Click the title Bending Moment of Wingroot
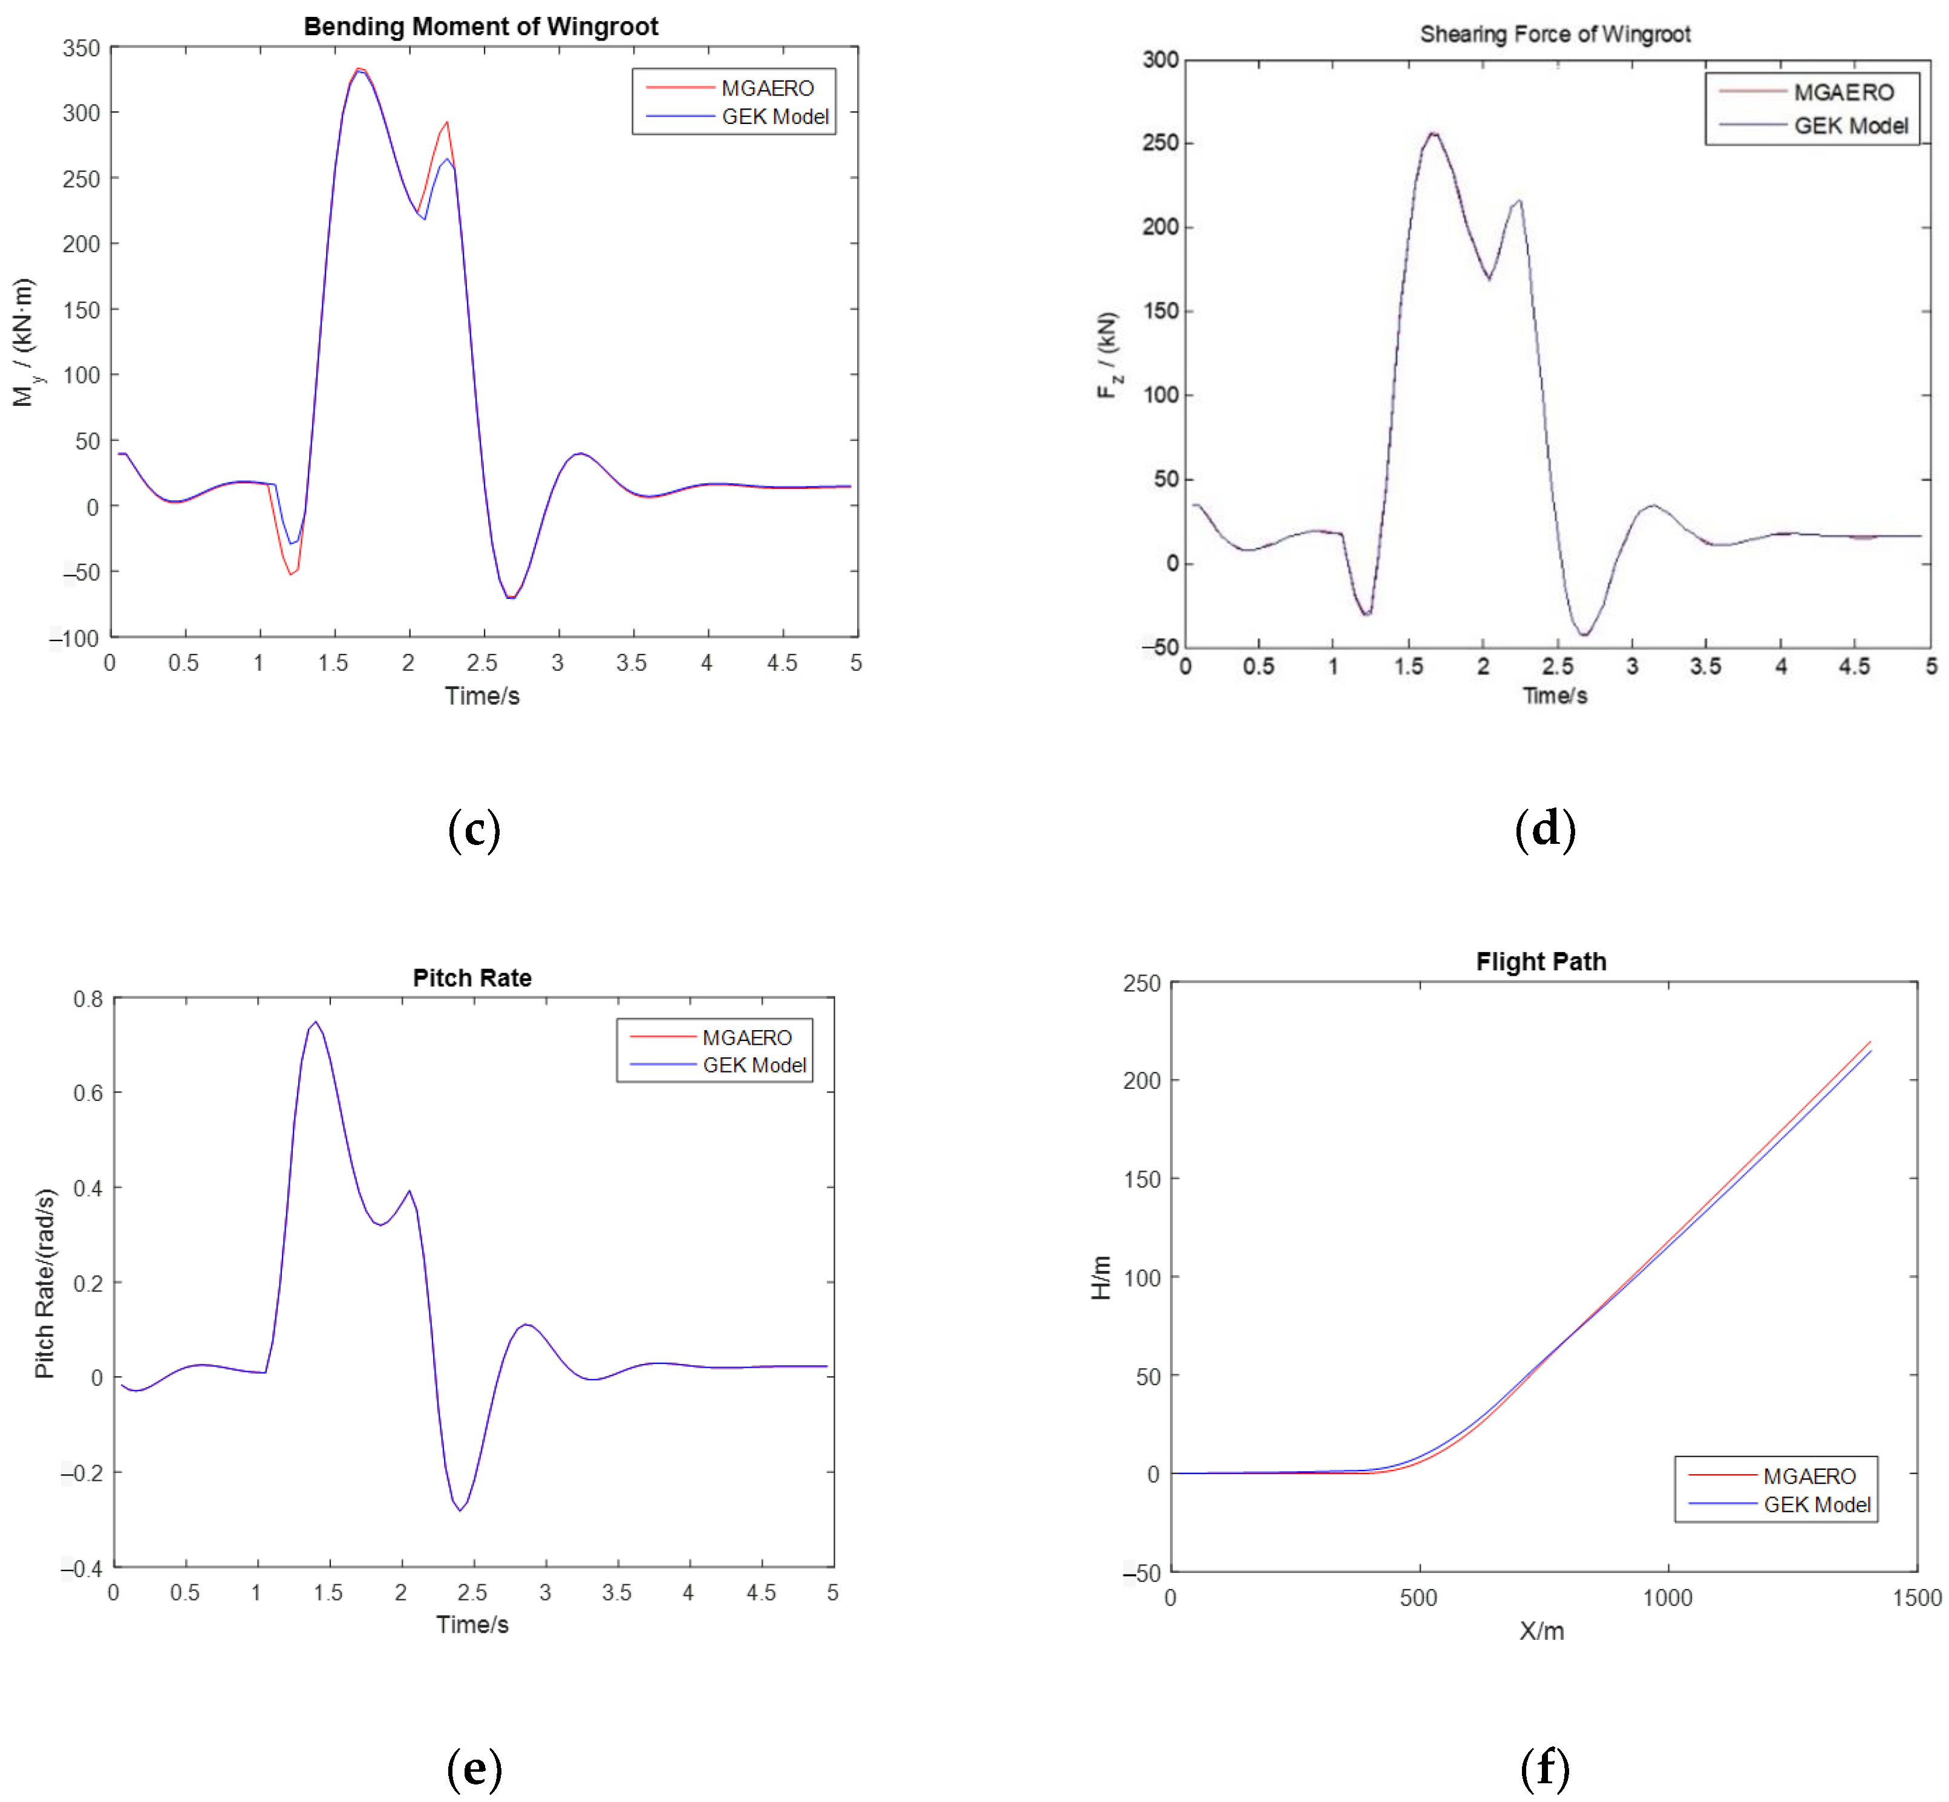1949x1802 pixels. pos(481,27)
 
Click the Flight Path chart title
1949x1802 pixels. pos(1541,961)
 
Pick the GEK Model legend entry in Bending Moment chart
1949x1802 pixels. pos(774,116)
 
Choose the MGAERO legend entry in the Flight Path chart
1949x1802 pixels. pos(1809,1475)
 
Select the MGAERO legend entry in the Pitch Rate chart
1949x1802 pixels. pos(747,1037)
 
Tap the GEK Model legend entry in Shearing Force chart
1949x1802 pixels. pos(1850,126)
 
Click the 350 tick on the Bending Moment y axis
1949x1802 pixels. pos(81,48)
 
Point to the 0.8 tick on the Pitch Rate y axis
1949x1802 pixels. pos(88,999)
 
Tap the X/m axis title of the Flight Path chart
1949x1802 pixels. pos(1541,1630)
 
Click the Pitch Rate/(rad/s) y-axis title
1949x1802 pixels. pos(45,1282)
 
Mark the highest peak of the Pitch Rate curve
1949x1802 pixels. pos(315,1022)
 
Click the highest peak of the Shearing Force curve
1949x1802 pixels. pos(1432,134)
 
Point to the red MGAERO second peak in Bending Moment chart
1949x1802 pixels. pos(446,123)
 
